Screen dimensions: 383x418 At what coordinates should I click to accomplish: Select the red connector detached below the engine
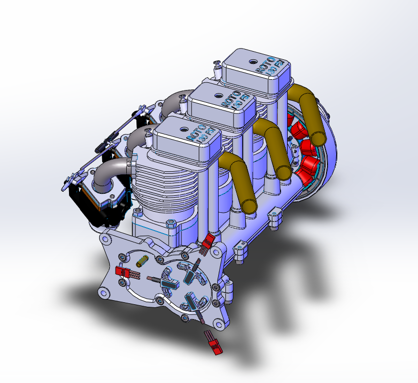pos(214,344)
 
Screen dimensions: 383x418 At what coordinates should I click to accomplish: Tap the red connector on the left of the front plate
pos(124,272)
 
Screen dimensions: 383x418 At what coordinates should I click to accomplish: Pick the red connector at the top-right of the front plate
pos(207,240)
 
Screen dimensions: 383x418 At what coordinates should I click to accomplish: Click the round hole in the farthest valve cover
pos(253,61)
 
